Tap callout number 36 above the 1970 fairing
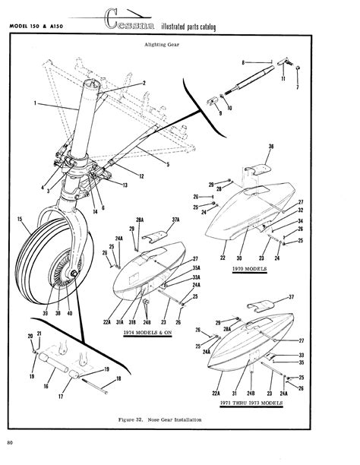272,146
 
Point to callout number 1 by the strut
35,103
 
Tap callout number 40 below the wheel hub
70,312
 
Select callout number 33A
174,277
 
